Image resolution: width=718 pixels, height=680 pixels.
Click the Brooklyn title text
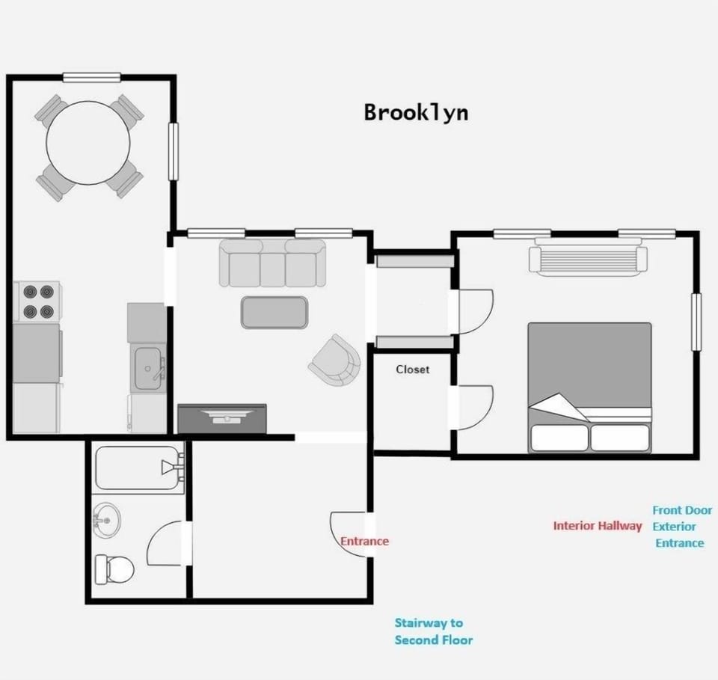(416, 112)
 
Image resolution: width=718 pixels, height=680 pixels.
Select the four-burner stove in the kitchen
(38, 301)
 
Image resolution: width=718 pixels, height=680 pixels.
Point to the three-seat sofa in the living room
(272, 263)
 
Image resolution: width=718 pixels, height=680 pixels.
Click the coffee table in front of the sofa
(274, 312)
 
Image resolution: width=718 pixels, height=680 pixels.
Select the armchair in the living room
(335, 360)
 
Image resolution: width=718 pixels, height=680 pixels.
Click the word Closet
(413, 370)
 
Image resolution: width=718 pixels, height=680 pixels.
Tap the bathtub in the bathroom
(139, 469)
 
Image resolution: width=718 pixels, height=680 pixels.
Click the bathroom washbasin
(107, 518)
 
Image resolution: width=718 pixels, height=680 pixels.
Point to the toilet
(114, 569)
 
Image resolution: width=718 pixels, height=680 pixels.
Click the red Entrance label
(364, 542)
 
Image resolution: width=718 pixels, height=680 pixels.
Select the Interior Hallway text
(597, 526)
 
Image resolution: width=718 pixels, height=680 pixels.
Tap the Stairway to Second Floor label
(433, 631)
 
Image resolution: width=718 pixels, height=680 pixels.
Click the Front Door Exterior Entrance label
(681, 527)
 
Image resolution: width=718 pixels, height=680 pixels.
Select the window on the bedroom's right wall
(696, 322)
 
